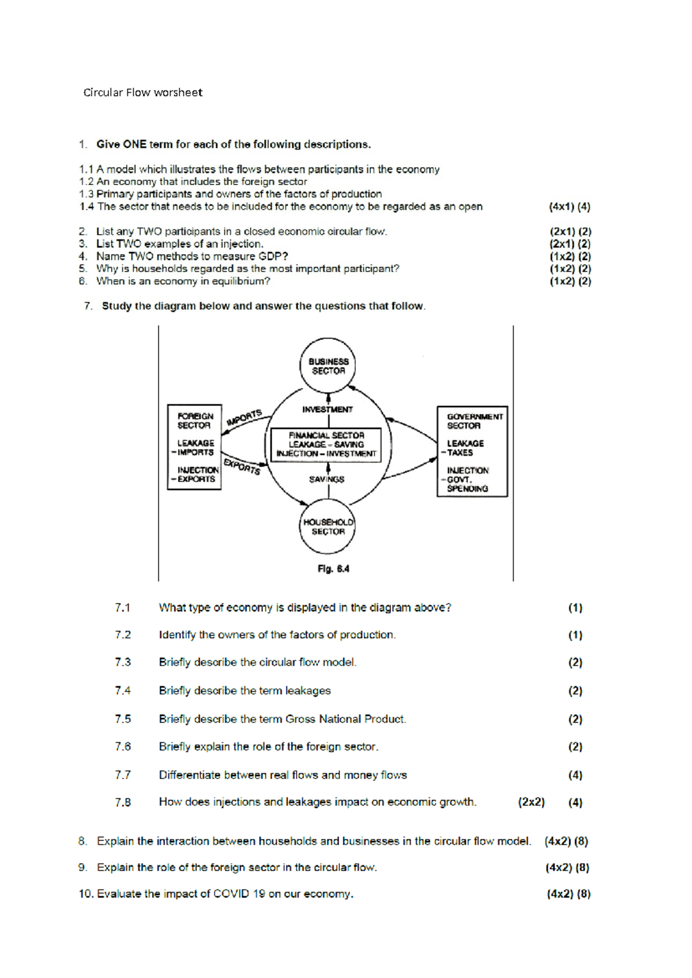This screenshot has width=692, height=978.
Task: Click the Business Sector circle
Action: point(328,366)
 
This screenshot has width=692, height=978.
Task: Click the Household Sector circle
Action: point(328,526)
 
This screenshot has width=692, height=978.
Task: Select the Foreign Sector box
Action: point(194,447)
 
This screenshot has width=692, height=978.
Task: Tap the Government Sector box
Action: point(472,452)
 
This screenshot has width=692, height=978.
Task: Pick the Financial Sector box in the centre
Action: point(326,445)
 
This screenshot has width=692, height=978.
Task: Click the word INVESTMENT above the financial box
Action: point(328,409)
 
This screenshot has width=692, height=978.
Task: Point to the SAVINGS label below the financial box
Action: point(326,479)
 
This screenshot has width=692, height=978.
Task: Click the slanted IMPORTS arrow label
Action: point(245,417)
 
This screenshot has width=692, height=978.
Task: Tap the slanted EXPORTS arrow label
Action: point(242,466)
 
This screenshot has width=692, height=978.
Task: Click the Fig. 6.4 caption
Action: point(333,569)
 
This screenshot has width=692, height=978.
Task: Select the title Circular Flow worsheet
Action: point(143,92)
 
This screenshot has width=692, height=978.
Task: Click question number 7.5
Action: point(123,719)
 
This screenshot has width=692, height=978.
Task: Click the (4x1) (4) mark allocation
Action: point(569,206)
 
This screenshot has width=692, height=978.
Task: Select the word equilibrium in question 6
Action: point(239,281)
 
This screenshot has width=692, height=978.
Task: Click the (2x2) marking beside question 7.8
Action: point(531,802)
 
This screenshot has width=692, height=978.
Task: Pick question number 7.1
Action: point(122,608)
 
